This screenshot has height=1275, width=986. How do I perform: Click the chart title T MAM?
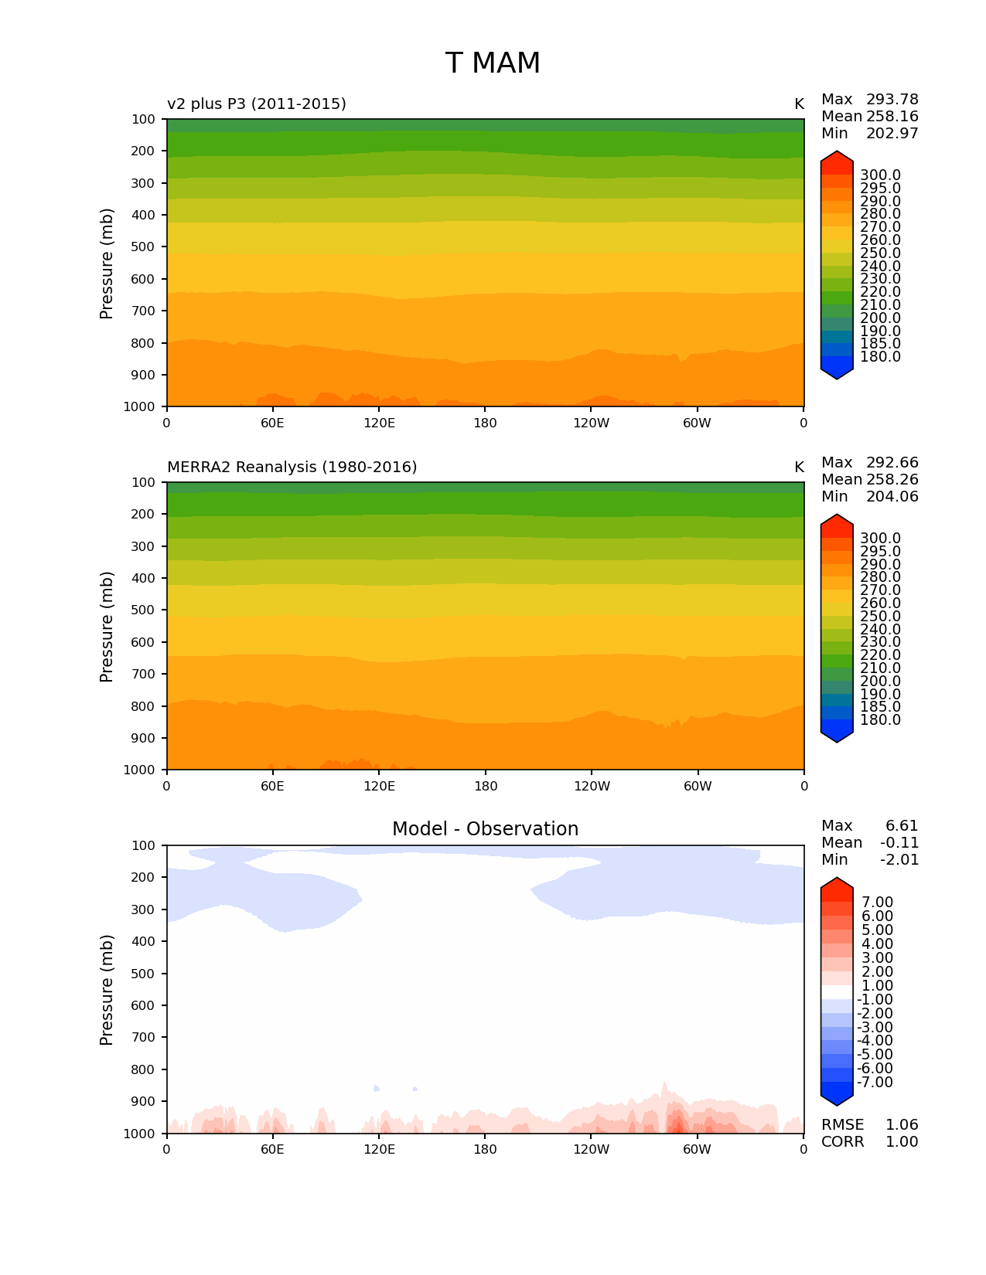click(493, 63)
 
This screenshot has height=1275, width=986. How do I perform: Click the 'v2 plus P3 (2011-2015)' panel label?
click(257, 104)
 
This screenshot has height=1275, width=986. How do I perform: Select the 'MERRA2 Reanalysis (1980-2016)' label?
click(292, 467)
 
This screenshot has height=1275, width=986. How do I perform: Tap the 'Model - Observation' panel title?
click(485, 829)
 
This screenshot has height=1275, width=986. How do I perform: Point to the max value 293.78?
click(892, 100)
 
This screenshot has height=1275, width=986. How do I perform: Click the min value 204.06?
click(892, 497)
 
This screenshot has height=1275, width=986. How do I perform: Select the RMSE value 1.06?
click(902, 1125)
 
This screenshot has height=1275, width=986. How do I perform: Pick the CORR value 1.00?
click(902, 1142)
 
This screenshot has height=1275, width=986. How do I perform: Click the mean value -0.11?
click(899, 843)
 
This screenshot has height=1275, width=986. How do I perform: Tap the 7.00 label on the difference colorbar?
click(877, 903)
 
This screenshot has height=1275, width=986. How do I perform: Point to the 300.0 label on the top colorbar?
click(880, 175)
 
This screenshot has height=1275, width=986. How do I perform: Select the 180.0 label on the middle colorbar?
click(880, 720)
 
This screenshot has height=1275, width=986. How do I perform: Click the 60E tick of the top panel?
click(272, 423)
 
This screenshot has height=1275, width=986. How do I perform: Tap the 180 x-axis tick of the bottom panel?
click(485, 1149)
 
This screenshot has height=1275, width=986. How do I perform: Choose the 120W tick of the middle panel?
click(592, 786)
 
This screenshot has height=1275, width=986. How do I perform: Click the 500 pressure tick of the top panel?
click(144, 247)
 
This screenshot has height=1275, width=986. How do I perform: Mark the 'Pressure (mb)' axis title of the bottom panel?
click(107, 989)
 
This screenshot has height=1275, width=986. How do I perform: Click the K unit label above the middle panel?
click(799, 467)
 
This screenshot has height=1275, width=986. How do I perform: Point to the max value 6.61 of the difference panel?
click(902, 826)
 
